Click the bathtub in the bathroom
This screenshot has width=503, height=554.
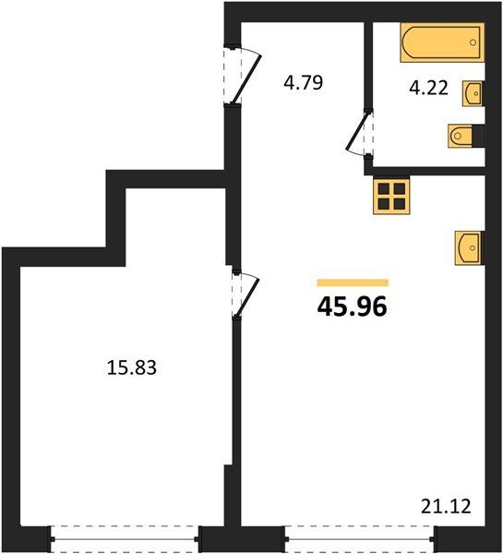(442, 42)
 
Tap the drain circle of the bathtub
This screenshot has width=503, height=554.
(473, 42)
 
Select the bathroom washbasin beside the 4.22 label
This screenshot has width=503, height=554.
(473, 93)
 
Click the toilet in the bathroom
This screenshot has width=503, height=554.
(460, 136)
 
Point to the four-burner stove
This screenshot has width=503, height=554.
(391, 196)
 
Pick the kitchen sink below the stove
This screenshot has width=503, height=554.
(470, 247)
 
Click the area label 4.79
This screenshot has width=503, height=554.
(304, 83)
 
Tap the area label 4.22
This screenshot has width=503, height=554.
(428, 88)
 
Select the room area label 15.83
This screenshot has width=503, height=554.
(131, 367)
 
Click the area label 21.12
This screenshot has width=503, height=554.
(446, 506)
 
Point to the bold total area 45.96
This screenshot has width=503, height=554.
(353, 307)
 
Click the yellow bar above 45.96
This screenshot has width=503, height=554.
(353, 283)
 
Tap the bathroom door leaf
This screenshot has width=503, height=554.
(357, 130)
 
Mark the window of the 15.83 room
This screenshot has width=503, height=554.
(125, 539)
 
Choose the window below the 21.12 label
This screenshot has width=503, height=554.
(361, 539)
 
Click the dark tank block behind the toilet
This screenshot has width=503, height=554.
(478, 136)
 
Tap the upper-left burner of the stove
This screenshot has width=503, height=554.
(384, 188)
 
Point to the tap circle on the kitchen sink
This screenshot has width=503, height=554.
(473, 248)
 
